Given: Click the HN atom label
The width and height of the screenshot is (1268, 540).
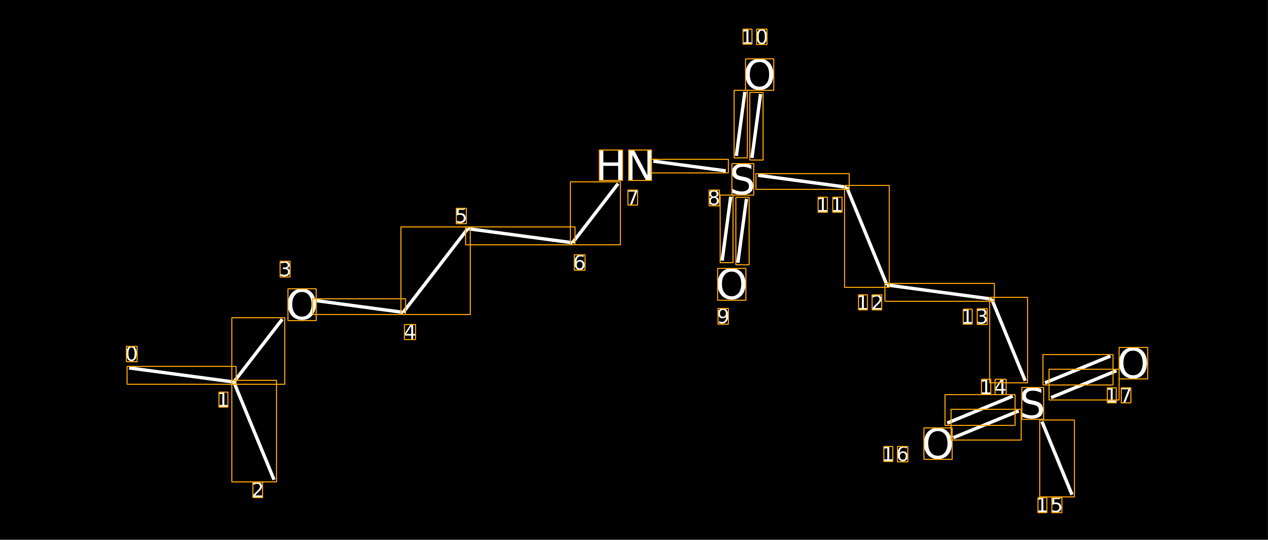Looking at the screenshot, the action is (625, 165).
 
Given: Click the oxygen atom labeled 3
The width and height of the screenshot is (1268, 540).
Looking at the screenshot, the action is (302, 305).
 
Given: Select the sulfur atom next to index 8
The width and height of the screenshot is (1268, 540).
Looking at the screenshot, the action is (743, 179).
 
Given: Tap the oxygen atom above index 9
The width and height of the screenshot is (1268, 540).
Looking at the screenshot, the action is (731, 284).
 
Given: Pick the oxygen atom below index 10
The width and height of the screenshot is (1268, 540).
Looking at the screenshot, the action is (760, 74).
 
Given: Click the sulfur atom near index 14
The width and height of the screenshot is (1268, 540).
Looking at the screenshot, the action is (1033, 403).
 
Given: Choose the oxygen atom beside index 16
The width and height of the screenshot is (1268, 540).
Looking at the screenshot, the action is (938, 443).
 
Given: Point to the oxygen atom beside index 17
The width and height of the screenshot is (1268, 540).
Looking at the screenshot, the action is (1133, 363).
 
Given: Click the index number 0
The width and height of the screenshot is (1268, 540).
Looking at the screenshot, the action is (132, 354).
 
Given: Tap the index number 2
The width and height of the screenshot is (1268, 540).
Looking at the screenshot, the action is (258, 490).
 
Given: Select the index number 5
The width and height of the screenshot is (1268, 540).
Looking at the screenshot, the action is (461, 216).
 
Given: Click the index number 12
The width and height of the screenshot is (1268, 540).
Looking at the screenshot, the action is (870, 302).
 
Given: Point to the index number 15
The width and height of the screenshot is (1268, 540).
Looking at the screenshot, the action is (1050, 505).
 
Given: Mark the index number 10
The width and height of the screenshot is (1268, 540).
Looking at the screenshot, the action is (755, 37).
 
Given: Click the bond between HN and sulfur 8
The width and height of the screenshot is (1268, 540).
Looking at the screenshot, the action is (690, 166).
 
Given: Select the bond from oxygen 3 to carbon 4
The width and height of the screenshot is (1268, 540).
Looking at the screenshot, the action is (359, 306).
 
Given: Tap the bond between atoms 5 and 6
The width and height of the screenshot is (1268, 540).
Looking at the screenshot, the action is (520, 236).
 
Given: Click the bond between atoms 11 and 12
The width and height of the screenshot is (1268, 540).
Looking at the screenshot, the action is (867, 236).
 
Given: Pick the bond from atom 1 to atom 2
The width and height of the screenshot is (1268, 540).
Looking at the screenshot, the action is (254, 431).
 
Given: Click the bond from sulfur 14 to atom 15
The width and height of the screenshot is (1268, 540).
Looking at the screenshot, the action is (1057, 458).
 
